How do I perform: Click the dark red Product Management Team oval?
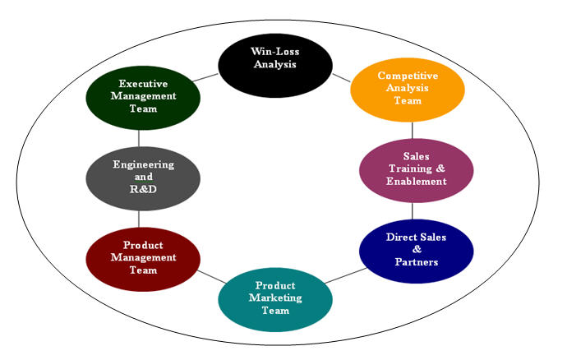coord(143,258)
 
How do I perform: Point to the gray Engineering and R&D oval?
coord(143,177)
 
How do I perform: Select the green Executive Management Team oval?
coord(143,96)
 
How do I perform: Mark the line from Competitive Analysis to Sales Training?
coord(413,130)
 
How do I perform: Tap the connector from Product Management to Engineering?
coord(139,217)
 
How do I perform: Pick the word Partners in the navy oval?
coord(416,262)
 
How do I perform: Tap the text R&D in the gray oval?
coord(143,188)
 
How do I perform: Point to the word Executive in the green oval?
coord(143,84)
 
